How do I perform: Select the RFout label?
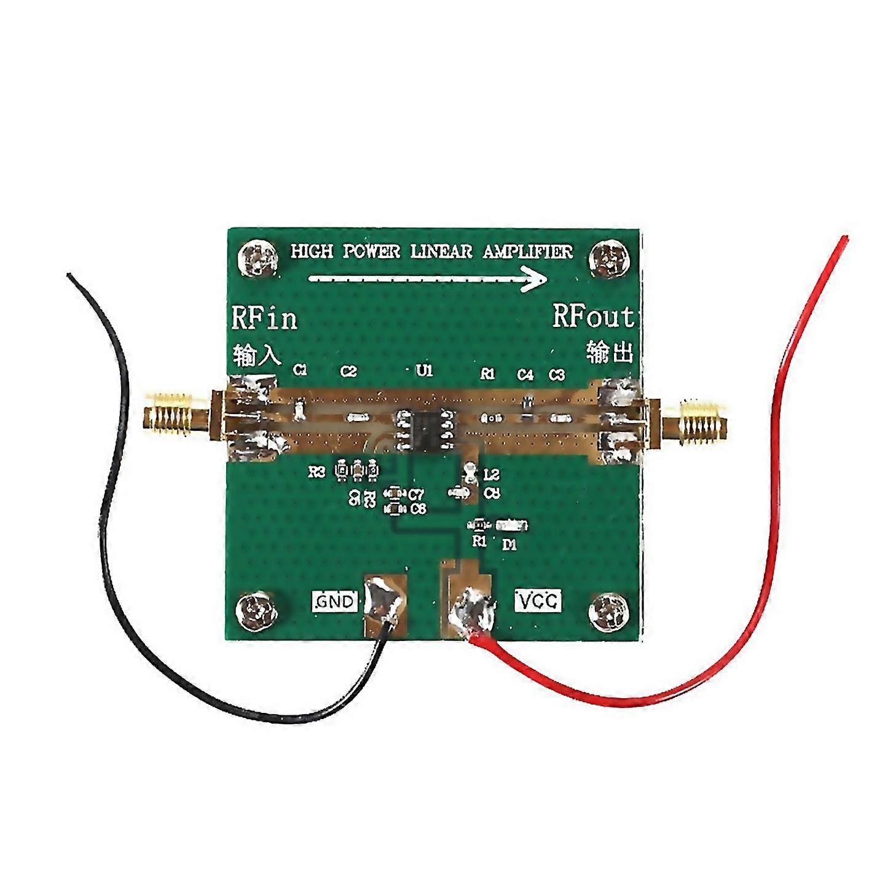click(x=592, y=317)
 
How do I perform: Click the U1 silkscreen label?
click(x=424, y=371)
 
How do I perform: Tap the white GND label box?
click(x=335, y=601)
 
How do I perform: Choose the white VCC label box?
click(x=538, y=601)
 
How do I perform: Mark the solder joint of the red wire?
click(x=473, y=612)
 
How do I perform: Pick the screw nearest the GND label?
click(x=256, y=610)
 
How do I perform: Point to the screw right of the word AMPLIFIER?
click(x=610, y=258)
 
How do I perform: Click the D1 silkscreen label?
click(x=509, y=544)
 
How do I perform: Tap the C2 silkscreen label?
click(x=348, y=371)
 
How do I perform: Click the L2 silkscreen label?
click(x=492, y=474)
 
